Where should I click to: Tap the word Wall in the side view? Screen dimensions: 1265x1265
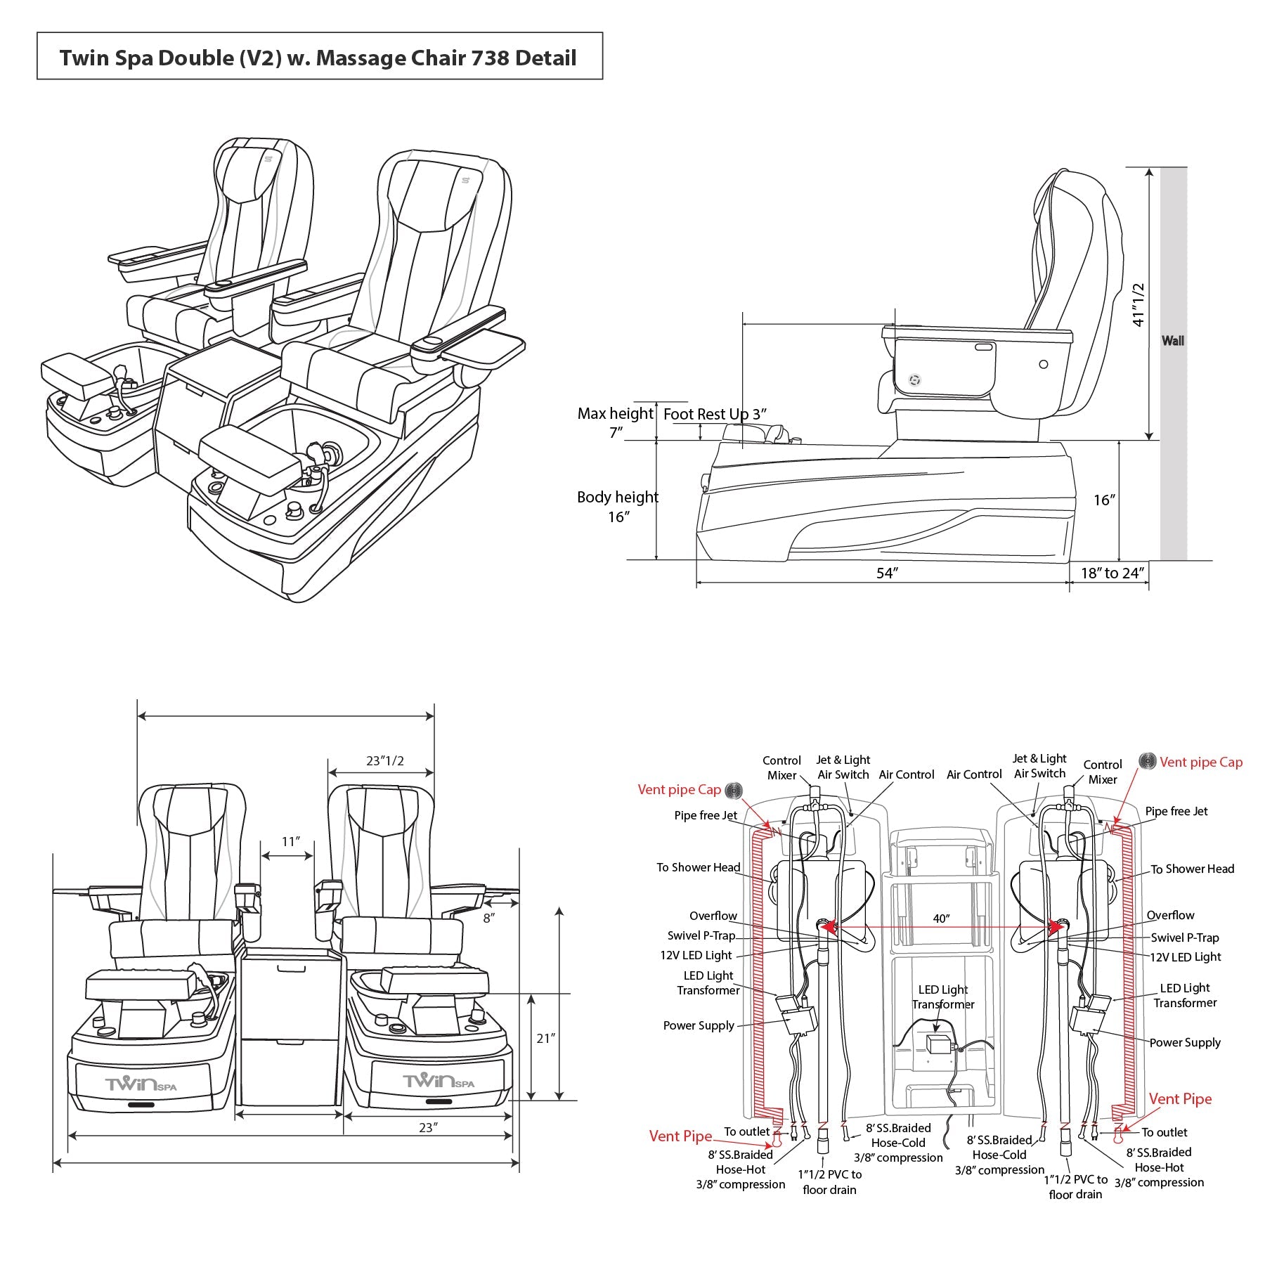click(x=1172, y=341)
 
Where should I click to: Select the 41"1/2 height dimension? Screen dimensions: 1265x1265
click(x=1138, y=304)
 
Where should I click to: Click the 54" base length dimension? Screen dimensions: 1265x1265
click(x=887, y=573)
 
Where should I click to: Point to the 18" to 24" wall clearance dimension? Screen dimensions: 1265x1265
click(x=1112, y=573)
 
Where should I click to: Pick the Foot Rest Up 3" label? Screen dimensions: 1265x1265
click(x=714, y=414)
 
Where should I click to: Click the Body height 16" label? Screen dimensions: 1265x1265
click(x=617, y=506)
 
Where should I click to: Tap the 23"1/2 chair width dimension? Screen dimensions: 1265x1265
click(x=384, y=761)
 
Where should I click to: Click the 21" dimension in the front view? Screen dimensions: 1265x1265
click(x=545, y=1037)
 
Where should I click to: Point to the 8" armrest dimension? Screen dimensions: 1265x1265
click(x=488, y=918)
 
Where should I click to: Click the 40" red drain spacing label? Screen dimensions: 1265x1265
click(x=941, y=919)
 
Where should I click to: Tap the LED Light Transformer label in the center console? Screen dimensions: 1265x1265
click(x=943, y=997)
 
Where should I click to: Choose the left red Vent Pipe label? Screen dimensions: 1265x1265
click(x=680, y=1136)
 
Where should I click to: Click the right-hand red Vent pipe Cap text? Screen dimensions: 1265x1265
click(x=1200, y=762)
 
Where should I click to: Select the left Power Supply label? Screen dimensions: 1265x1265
click(x=698, y=1025)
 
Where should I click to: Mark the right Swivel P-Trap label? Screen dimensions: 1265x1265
click(x=1184, y=938)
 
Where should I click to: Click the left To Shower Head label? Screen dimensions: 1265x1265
click(x=698, y=867)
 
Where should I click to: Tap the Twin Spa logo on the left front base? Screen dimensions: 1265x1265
click(x=141, y=1084)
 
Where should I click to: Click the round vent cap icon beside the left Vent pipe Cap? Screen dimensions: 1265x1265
click(x=734, y=790)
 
